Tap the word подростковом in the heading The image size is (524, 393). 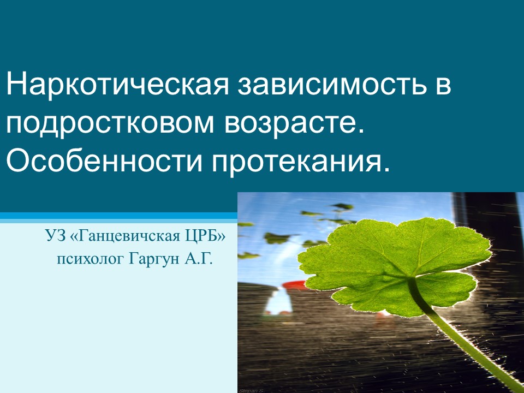pos(110,124)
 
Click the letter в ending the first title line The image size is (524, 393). pos(443,87)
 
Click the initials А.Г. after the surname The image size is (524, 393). pos(199,258)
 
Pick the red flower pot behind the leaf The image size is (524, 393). pos(294,285)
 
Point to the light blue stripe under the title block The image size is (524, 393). pos(118,221)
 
